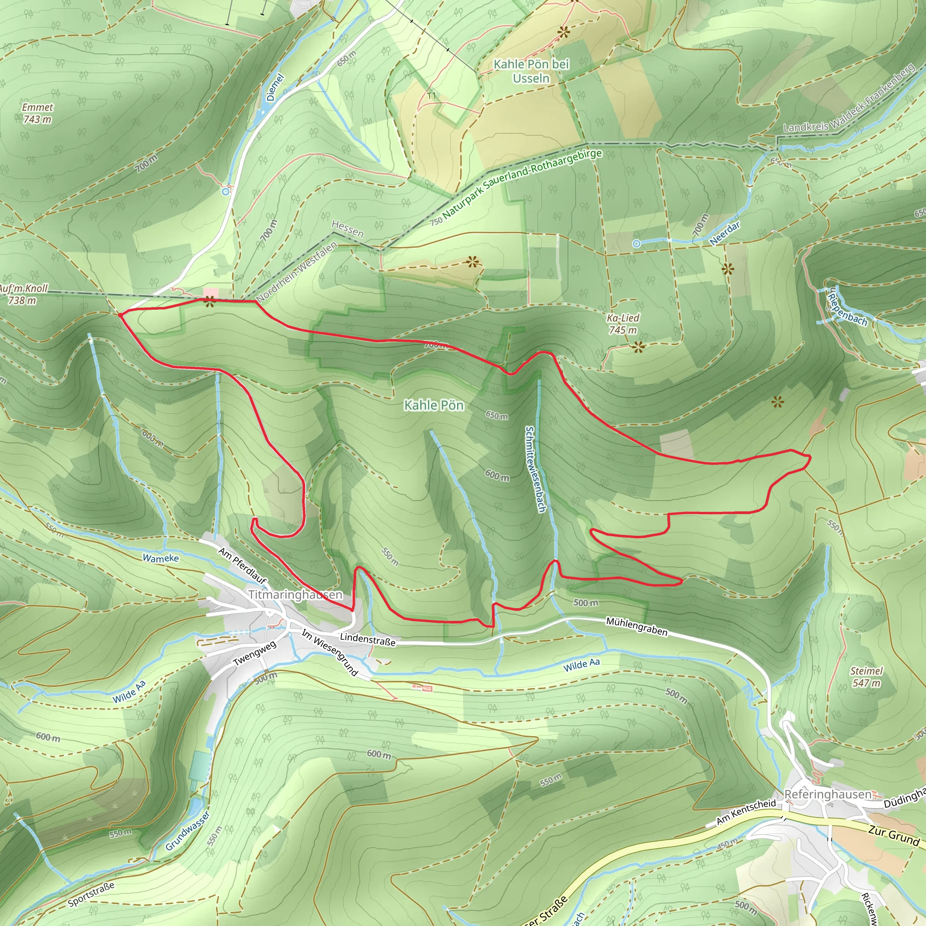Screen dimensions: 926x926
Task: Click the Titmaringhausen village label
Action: [x=295, y=595]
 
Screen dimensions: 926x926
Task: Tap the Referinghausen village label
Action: [x=828, y=794]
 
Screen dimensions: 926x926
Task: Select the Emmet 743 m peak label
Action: [x=38, y=113]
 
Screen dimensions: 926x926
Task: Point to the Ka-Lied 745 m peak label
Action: [x=623, y=324]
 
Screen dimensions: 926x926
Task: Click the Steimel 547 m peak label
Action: [x=866, y=677]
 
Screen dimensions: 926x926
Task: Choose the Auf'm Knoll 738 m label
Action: [x=23, y=294]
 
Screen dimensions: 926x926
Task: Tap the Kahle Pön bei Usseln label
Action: [x=531, y=71]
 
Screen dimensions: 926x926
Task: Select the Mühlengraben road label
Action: [x=637, y=626]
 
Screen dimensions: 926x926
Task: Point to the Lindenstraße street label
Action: [x=368, y=639]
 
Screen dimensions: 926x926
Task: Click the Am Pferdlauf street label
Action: [x=242, y=566]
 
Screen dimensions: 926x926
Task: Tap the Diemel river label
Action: [x=275, y=87]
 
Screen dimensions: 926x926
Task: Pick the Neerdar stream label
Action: [x=724, y=233]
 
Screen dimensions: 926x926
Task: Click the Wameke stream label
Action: [x=161, y=558]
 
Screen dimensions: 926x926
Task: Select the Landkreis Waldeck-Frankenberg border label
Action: [x=849, y=99]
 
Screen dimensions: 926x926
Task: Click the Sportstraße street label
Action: [x=91, y=894]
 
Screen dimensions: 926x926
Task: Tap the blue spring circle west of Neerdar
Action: [x=637, y=244]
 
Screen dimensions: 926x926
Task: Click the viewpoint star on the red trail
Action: [x=209, y=302]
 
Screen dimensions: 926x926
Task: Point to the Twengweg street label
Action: [x=255, y=653]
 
